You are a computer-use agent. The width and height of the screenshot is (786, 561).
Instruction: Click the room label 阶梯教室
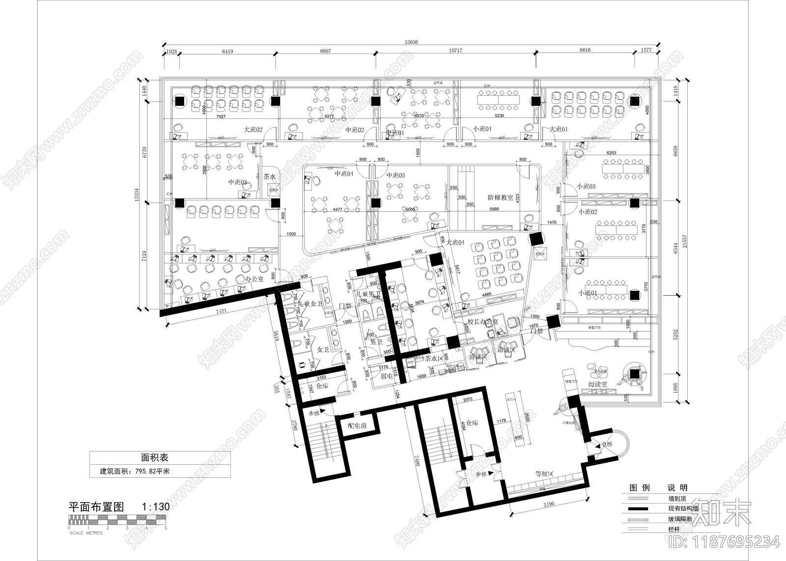[500, 197]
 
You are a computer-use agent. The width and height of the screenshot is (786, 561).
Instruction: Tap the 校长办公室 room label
[482, 322]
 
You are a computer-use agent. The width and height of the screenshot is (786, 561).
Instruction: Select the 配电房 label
[357, 426]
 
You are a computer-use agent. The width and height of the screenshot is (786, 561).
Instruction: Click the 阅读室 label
[597, 384]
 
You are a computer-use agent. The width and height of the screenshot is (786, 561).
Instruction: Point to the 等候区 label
[544, 474]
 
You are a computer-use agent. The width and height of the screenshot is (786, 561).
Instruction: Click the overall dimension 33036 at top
[411, 42]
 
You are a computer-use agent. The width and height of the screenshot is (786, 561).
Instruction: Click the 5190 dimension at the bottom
[549, 504]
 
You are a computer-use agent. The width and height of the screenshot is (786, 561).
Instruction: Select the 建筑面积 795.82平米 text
[135, 471]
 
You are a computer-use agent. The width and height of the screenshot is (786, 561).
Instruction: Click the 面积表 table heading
[155, 457]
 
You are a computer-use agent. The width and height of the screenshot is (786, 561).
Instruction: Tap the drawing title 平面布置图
[96, 507]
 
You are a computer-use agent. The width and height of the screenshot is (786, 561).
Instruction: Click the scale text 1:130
[155, 507]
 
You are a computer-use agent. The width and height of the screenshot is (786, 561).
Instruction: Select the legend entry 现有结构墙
[684, 508]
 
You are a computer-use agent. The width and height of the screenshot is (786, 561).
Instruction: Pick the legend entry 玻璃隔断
[680, 519]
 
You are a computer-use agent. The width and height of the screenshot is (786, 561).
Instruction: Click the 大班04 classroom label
[455, 242]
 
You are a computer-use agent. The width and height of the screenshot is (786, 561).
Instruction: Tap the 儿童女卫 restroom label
[309, 305]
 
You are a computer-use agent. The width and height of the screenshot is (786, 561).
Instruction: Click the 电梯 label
[606, 445]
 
